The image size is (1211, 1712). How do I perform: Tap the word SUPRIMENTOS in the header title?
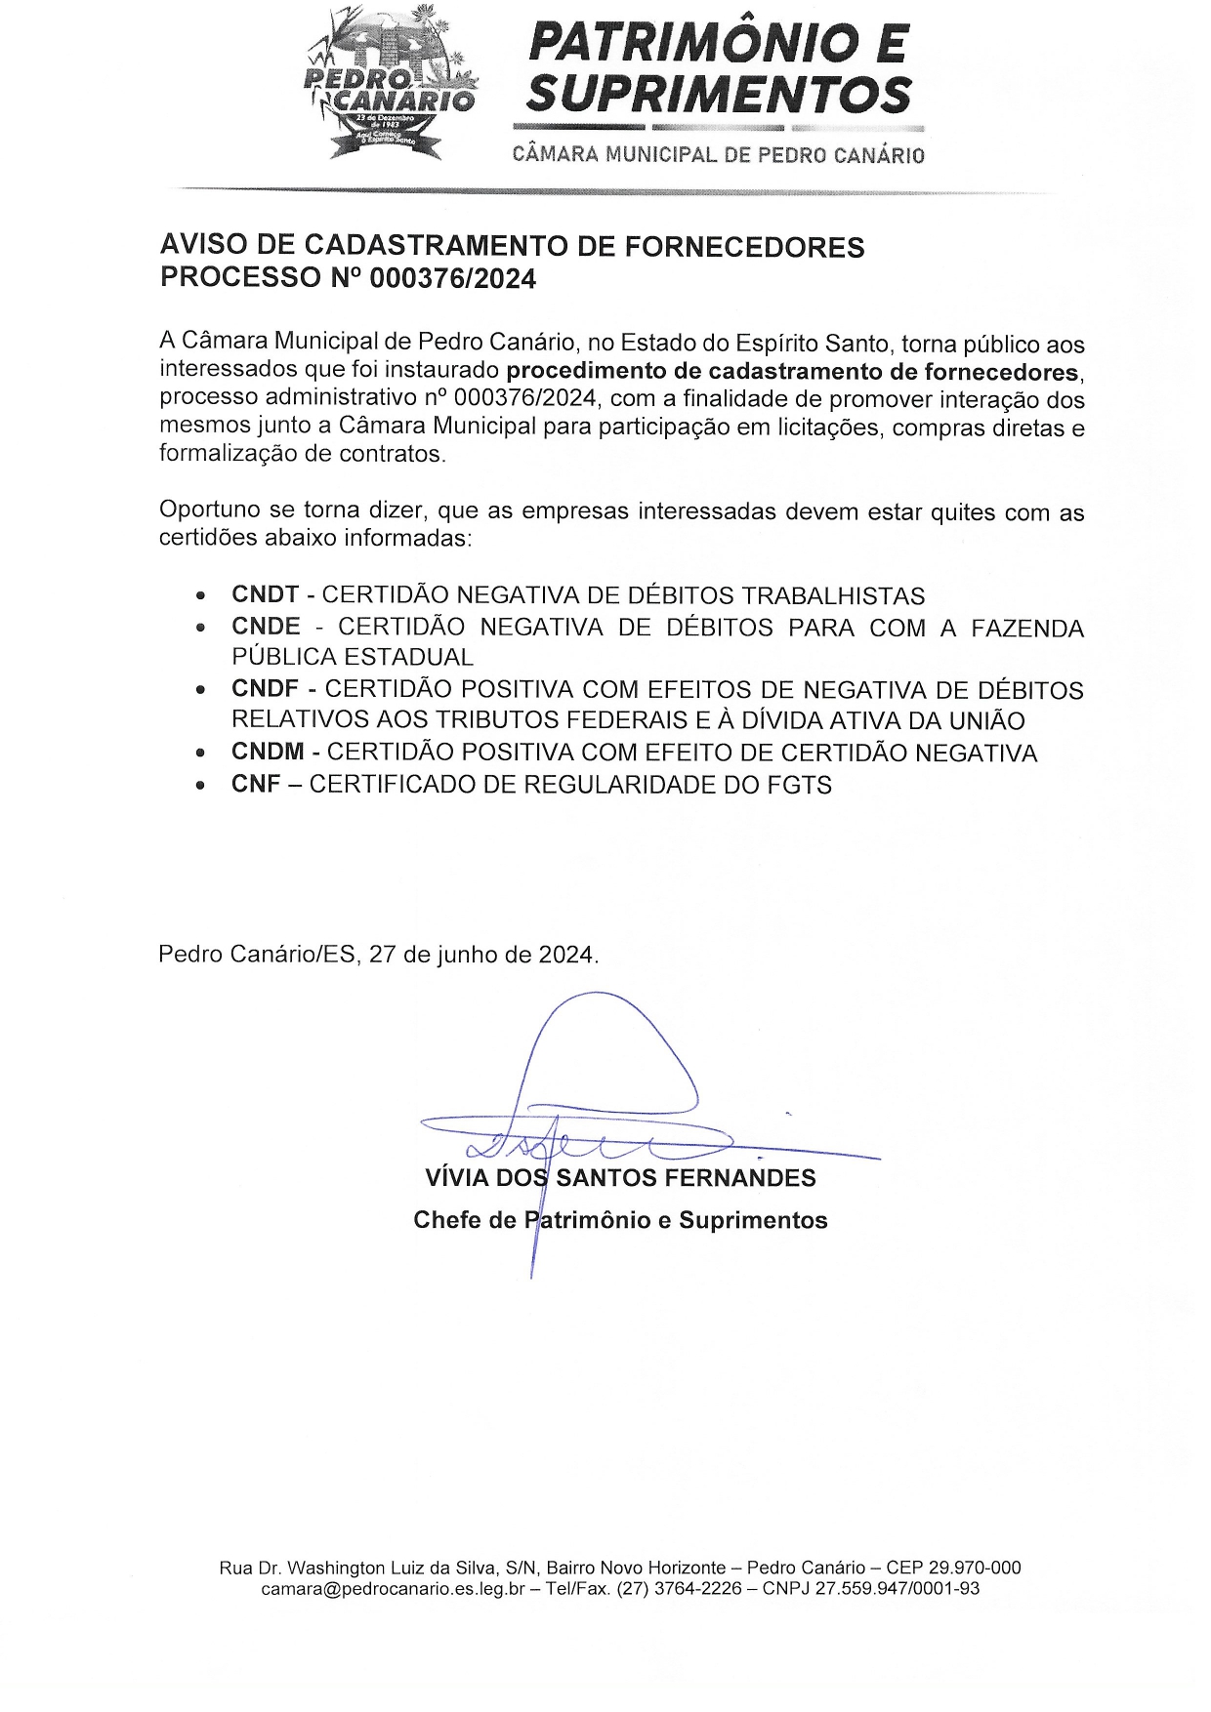click(x=719, y=95)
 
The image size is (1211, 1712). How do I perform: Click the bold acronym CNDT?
click(x=265, y=595)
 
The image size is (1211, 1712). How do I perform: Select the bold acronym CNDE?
click(x=266, y=627)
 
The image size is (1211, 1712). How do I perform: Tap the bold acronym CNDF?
click(x=265, y=690)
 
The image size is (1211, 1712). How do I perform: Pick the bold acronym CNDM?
click(x=268, y=753)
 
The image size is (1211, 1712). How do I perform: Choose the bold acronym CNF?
click(x=256, y=785)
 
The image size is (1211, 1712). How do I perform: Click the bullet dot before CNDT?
click(x=200, y=595)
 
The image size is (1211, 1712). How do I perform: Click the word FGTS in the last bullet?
click(x=800, y=785)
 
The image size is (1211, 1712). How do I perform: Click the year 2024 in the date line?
click(x=565, y=955)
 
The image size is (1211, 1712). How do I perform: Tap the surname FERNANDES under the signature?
click(x=739, y=1178)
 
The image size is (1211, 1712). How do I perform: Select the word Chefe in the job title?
click(x=444, y=1220)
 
